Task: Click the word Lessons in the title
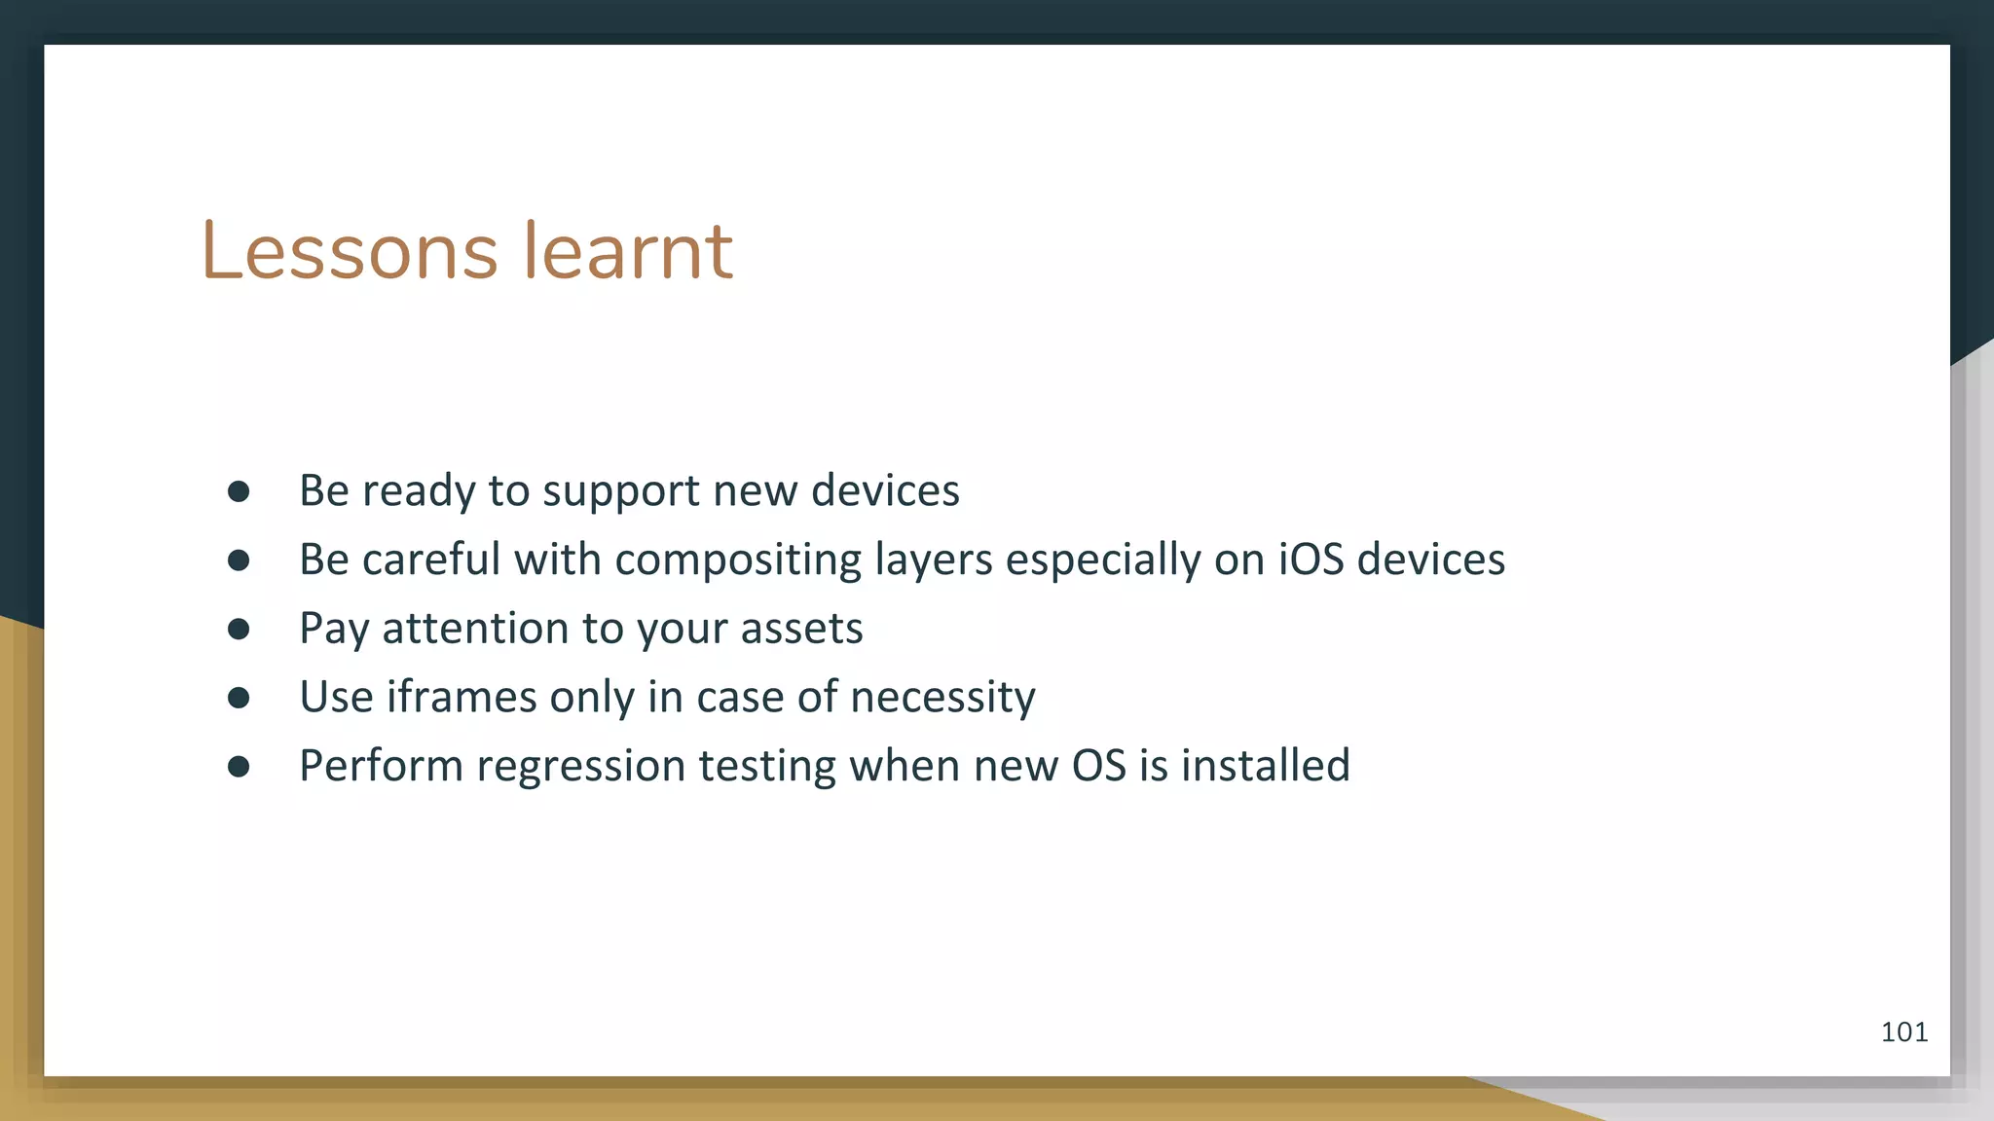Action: tap(349, 252)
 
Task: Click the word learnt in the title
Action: tap(628, 252)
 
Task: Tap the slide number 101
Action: tap(1903, 1032)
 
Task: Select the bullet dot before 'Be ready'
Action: tap(239, 491)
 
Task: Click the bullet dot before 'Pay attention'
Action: tap(239, 630)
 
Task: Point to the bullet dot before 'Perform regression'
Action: tap(239, 767)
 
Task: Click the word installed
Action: tap(1266, 766)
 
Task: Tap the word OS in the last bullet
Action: tap(1098, 766)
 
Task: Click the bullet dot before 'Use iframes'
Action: tap(239, 698)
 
